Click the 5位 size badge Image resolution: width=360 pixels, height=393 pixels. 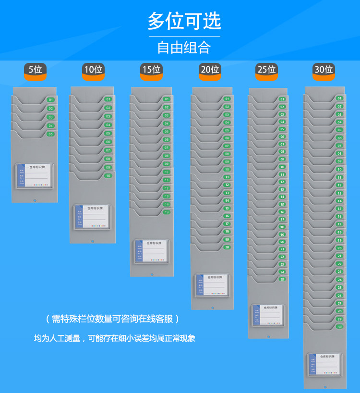(x=36, y=70)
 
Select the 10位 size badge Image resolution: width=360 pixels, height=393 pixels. (x=93, y=70)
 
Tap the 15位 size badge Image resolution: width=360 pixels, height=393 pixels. (x=151, y=70)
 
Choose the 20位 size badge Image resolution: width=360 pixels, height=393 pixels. (x=210, y=70)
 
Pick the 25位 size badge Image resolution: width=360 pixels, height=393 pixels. (x=266, y=70)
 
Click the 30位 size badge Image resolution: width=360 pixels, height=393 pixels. (x=324, y=70)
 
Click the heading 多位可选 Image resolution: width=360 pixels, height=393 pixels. (x=184, y=21)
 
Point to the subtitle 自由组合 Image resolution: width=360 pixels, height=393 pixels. (x=184, y=47)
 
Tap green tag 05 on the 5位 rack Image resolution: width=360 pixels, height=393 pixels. (x=50, y=134)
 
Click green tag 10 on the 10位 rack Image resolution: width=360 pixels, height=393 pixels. (x=108, y=176)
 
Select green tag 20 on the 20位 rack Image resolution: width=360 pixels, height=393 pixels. (x=227, y=247)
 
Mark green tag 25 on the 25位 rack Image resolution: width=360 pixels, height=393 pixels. (x=282, y=279)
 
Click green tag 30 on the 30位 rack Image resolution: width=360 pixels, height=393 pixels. (x=339, y=327)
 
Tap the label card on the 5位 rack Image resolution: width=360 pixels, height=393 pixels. (x=34, y=175)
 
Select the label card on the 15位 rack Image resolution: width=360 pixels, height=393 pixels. (x=151, y=251)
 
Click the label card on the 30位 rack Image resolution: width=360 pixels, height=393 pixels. (x=324, y=364)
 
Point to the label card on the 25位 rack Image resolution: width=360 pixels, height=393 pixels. (x=267, y=315)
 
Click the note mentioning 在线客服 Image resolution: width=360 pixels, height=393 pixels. (x=112, y=319)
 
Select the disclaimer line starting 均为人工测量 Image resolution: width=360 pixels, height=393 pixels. (x=114, y=338)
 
